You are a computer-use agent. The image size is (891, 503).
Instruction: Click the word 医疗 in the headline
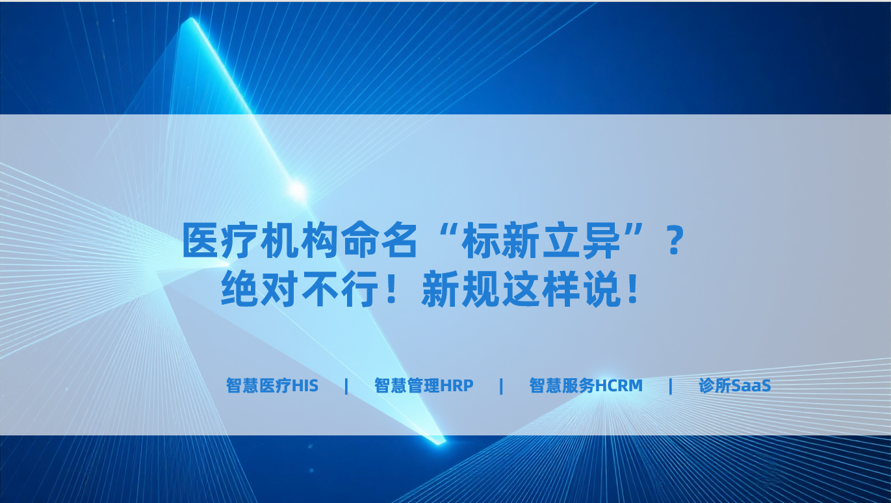tap(220, 240)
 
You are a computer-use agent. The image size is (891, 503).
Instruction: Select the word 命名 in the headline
tap(380, 240)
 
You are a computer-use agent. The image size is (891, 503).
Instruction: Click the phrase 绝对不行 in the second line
tap(299, 289)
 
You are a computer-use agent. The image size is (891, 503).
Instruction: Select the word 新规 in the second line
tap(460, 289)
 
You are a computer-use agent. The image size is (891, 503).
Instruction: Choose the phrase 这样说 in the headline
tap(561, 289)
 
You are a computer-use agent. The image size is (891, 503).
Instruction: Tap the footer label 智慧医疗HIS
tap(272, 385)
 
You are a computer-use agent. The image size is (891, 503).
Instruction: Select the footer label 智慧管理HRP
tap(424, 385)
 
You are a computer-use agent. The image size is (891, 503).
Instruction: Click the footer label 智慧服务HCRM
tap(586, 385)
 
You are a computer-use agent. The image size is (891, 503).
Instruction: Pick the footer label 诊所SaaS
tap(734, 385)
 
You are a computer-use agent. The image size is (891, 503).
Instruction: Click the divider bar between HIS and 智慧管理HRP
tap(346, 386)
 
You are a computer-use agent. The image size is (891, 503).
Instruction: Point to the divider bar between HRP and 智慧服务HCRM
tap(501, 386)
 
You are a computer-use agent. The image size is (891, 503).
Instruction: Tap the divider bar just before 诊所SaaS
tap(671, 386)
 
